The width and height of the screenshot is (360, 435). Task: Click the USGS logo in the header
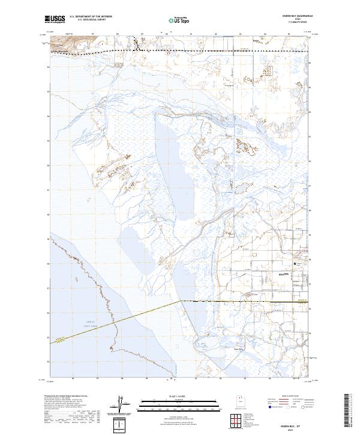click(55, 20)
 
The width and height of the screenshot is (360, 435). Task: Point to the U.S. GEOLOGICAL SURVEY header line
click(91, 21)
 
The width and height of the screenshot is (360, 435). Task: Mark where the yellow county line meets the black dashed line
click(181, 301)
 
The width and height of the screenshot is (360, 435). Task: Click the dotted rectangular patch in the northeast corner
click(267, 68)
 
